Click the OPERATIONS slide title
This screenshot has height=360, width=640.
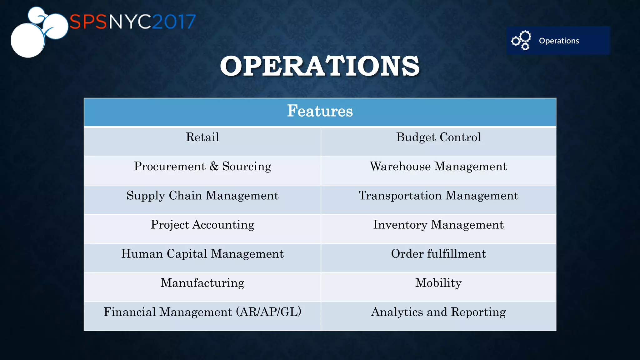pos(320,66)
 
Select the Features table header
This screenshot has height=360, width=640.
pos(320,111)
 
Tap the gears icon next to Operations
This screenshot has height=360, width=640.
pos(521,41)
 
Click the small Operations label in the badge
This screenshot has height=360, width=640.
pos(559,41)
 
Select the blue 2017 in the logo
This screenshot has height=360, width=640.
pos(174,22)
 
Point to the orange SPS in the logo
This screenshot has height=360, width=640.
pos(88,22)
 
